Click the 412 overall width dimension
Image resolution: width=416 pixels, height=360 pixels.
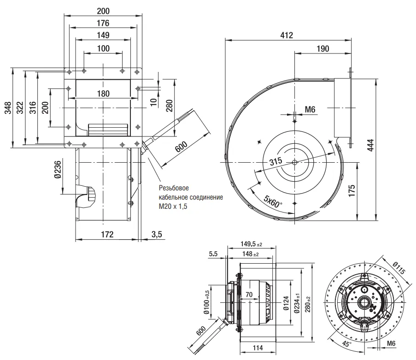pyautogui.click(x=288, y=35)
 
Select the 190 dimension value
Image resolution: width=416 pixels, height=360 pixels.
pyautogui.click(x=323, y=49)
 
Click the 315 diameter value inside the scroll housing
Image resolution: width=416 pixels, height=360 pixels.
pyautogui.click(x=276, y=162)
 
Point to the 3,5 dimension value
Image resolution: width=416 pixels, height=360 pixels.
pyautogui.click(x=157, y=235)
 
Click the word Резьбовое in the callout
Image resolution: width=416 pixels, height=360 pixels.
pyautogui.click(x=174, y=188)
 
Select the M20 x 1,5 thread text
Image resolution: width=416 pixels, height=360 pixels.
pyautogui.click(x=175, y=207)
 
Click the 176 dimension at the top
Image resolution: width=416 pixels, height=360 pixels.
pyautogui.click(x=103, y=23)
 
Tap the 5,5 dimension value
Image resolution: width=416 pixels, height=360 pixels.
pyautogui.click(x=213, y=254)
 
